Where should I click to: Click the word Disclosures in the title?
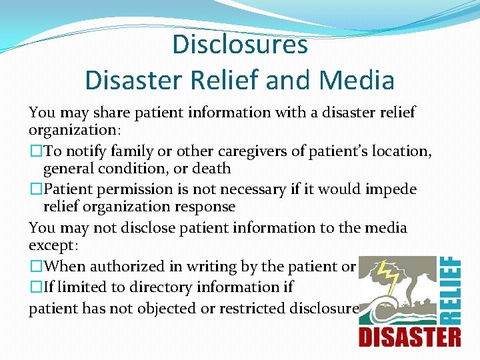(240, 45)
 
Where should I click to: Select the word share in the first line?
(102, 112)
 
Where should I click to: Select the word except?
(53, 245)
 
